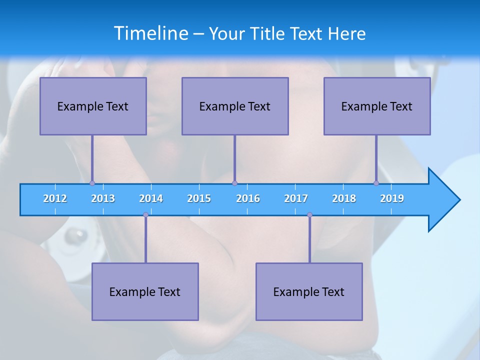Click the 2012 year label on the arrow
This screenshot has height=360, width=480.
55,198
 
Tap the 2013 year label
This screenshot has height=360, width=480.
103,198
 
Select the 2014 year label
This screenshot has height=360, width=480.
151,198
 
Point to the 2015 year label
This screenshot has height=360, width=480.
199,198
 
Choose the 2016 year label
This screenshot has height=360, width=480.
248,198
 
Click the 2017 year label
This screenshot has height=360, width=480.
296,198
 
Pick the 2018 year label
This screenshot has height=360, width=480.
344,198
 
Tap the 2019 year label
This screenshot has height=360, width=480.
392,198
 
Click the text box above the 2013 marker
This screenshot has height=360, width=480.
93,106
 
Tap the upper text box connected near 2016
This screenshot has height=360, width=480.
235,106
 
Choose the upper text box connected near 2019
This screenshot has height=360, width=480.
377,106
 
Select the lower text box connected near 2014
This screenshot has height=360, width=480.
145,291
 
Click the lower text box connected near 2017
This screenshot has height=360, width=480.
309,291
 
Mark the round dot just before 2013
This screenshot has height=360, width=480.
92,183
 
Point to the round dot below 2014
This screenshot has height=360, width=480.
145,214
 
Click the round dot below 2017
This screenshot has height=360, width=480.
309,214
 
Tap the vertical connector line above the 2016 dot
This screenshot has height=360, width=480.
234,157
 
